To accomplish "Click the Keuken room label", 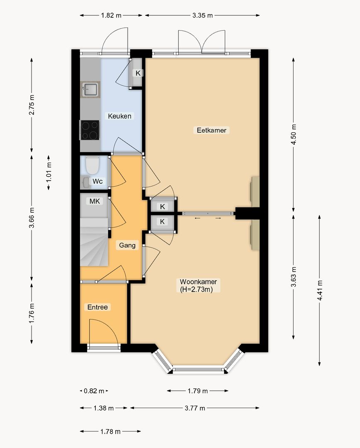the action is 120,116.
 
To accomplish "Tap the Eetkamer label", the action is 212,130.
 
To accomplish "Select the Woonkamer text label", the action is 198,282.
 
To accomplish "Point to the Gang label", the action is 127,245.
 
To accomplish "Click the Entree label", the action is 97,307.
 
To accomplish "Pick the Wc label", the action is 97,181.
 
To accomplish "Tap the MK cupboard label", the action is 95,202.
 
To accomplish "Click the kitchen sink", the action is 90,89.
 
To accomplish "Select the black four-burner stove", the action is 90,130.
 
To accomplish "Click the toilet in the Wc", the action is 92,166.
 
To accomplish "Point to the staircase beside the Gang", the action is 94,242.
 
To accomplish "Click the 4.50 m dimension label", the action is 293,134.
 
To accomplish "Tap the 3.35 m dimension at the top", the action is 202,15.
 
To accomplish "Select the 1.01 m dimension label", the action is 49,172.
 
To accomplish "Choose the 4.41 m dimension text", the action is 319,290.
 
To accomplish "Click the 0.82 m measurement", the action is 94,391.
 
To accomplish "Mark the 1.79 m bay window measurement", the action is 197,391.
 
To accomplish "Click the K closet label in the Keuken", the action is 138,73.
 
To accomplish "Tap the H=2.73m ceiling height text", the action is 196,290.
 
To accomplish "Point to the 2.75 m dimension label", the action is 32,105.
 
